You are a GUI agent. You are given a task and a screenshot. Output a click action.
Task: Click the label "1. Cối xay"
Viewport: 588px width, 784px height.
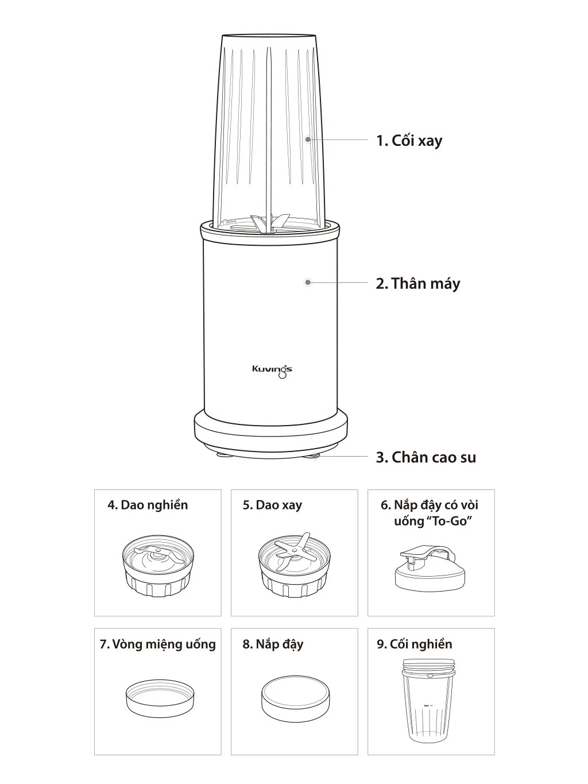(x=409, y=140)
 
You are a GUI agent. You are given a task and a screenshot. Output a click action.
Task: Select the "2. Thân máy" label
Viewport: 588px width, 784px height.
(x=417, y=283)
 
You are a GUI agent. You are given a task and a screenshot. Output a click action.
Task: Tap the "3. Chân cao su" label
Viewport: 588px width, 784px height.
(x=426, y=458)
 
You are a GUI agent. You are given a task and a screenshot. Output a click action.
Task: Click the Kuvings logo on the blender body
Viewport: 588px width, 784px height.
(x=272, y=370)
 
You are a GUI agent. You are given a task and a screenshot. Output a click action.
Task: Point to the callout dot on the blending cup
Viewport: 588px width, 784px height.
(x=308, y=138)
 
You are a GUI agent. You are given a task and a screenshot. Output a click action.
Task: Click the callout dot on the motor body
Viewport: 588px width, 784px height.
(x=308, y=283)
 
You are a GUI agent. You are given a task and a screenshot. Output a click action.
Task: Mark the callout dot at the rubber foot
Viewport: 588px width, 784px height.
(x=315, y=455)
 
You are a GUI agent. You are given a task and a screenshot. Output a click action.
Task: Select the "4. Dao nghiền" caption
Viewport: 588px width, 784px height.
(x=148, y=505)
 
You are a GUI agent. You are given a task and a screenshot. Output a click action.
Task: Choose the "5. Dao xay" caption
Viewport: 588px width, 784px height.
(x=272, y=505)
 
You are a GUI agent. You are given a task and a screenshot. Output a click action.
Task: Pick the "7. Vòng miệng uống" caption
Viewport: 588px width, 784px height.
(x=157, y=644)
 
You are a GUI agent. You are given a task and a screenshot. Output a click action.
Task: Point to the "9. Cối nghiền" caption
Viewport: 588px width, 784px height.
(x=415, y=644)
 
